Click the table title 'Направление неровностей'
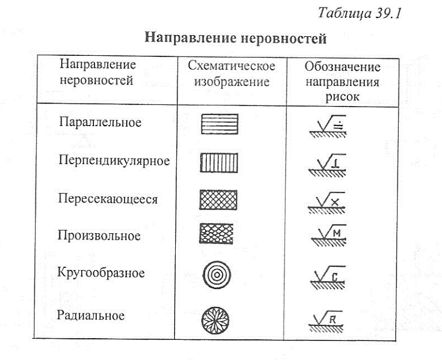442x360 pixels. click(236, 39)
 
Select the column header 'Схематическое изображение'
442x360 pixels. click(232, 74)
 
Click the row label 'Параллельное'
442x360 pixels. click(100, 122)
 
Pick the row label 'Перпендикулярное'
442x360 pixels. click(114, 160)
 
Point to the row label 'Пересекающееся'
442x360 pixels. click(108, 199)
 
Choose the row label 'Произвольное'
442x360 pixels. click(99, 236)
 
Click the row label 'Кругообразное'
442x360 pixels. click(101, 272)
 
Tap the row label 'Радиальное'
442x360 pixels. click(92, 316)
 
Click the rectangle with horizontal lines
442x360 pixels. click(219, 124)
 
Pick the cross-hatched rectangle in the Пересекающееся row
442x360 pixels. click(218, 199)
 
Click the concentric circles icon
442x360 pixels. click(216, 275)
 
